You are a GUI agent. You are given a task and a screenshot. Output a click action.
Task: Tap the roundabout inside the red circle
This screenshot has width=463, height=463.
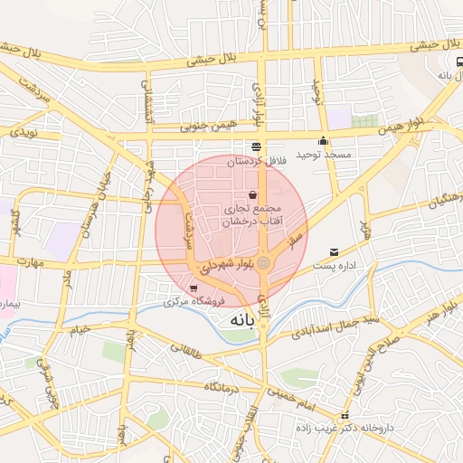pos(263,263)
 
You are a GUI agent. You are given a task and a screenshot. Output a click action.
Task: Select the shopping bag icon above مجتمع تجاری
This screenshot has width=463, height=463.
pos(252,195)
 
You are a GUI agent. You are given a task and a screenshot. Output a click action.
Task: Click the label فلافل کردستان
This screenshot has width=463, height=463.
pos(255,160)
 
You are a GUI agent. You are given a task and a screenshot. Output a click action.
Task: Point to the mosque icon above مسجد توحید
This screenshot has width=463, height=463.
pos(323,141)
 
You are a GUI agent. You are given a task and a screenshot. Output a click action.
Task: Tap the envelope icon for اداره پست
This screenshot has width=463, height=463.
pos(335,252)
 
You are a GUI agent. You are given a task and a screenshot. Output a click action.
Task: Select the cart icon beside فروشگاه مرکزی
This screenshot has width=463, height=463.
pos(194,288)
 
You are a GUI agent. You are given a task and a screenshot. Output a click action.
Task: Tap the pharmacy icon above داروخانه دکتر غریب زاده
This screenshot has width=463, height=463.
pos(368,416)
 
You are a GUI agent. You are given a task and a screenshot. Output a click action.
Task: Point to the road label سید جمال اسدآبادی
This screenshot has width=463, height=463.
pos(335,326)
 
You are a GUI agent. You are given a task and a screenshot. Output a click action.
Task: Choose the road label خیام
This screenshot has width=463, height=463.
pos(80,331)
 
